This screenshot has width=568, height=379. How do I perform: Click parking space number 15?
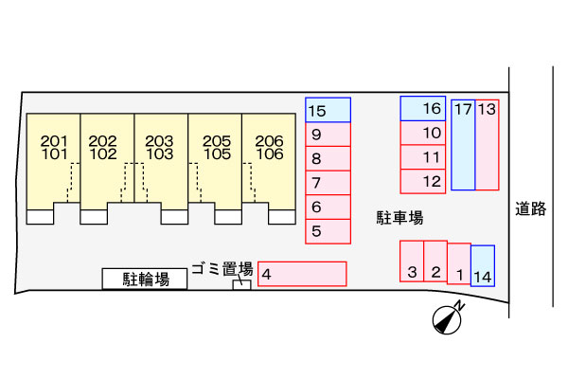328,110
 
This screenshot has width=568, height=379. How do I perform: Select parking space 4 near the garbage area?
302,274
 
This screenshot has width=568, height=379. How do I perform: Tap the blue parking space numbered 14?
483,266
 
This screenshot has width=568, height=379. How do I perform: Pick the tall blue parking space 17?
463,145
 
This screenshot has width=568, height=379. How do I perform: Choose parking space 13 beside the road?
488,145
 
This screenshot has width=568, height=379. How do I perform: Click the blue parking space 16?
423,108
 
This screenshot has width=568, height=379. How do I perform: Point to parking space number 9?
328,135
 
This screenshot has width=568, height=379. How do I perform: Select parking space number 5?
328,231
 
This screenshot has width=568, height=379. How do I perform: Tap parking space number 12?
423,181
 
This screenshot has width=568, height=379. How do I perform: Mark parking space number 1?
459,263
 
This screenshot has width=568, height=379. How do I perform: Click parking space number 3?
412,261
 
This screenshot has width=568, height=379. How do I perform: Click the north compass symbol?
448,318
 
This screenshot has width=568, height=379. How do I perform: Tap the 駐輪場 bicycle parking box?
145,279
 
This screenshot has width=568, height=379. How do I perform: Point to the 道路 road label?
531,208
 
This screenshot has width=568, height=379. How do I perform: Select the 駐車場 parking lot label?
399,218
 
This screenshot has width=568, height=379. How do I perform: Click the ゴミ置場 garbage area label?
222,269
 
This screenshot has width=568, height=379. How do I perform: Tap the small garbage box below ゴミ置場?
241,284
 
